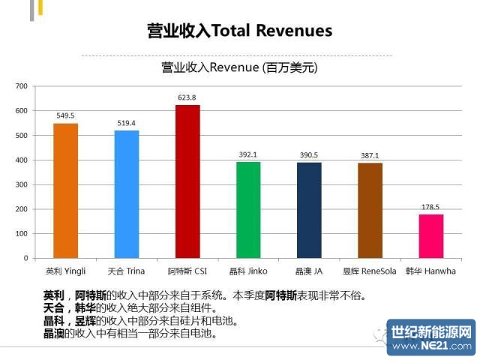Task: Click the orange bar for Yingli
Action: (x=65, y=190)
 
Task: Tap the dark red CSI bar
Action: (x=187, y=181)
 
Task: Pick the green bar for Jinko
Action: (x=248, y=210)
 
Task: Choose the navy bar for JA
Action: (x=309, y=210)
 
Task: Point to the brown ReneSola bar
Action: (x=370, y=211)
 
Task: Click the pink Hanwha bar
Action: (x=430, y=236)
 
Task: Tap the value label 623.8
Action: (x=187, y=98)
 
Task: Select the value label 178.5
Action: (x=430, y=208)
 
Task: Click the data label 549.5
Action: (x=65, y=116)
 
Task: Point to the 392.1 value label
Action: (x=248, y=155)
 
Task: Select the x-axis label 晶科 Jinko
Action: (x=248, y=269)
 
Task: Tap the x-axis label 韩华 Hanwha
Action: (x=430, y=269)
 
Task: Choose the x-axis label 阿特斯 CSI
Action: (x=187, y=269)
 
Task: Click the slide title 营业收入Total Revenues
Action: (x=239, y=31)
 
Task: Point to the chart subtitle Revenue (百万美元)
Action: (x=239, y=67)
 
